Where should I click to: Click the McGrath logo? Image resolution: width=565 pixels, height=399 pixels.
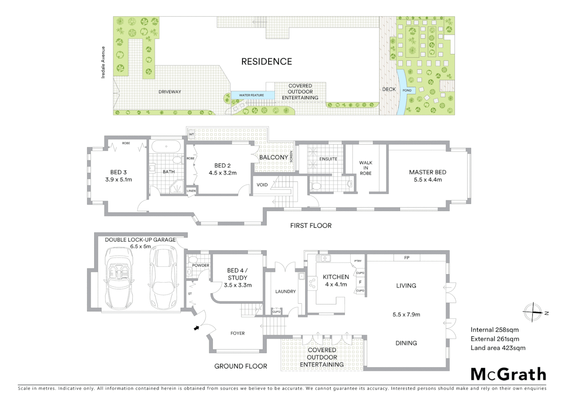508,374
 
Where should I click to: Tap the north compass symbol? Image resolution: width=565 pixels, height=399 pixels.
533,312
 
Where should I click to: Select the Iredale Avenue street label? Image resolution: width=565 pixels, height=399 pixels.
103,62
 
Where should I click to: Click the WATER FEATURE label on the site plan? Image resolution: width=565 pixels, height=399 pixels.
251,95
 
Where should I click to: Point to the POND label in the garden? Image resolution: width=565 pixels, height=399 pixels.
407,91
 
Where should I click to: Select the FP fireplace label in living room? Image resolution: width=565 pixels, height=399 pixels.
407,258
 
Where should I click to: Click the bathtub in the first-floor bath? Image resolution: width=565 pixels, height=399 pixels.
166,147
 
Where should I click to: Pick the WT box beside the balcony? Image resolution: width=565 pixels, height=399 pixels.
192,134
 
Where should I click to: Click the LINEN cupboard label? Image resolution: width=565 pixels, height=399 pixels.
191,191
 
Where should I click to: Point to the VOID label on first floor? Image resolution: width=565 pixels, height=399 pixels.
262,185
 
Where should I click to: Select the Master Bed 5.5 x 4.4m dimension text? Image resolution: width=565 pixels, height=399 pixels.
428,180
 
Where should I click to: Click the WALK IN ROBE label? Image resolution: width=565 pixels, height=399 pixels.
366,168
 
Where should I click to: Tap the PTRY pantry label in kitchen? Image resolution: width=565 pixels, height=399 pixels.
358,261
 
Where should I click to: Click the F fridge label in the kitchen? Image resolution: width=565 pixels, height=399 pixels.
360,282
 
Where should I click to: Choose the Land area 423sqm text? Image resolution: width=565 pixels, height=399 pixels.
498,348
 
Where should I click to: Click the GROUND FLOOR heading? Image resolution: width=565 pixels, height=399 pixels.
241,366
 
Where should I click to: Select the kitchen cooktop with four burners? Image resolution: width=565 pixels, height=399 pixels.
312,283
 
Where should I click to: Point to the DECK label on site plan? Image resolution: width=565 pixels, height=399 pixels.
389,89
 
